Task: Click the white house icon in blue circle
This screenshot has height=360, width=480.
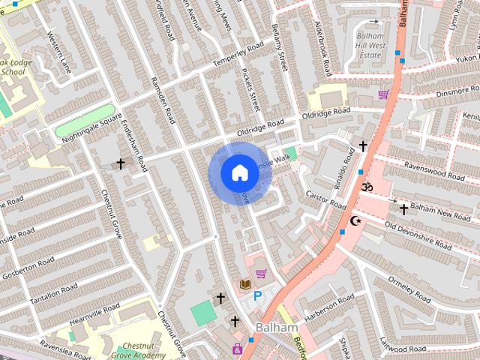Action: click(239, 173)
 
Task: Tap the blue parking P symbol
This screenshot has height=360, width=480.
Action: click(258, 297)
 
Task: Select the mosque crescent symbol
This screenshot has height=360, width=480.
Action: click(355, 220)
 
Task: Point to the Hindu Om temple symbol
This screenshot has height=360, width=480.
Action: click(367, 185)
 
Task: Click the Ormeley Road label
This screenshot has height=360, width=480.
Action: click(411, 289)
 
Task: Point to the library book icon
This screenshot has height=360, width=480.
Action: click(244, 284)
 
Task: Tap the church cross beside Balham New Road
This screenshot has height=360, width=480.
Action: click(403, 209)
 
